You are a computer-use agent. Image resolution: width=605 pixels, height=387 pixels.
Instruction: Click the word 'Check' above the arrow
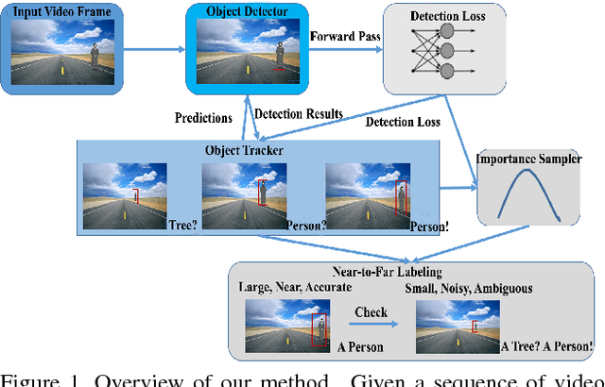tap(372, 311)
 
